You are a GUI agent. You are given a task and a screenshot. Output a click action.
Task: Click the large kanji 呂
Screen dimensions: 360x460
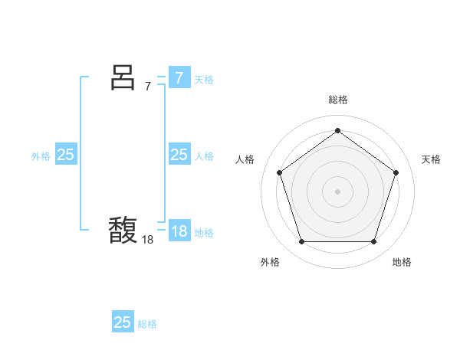tap(123, 77)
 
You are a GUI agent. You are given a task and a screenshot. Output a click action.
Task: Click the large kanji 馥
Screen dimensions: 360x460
tap(123, 229)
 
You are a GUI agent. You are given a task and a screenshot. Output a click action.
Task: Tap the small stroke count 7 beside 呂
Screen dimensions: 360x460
tap(148, 86)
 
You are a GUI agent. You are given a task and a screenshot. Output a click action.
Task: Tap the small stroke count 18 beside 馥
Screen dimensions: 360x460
tap(148, 239)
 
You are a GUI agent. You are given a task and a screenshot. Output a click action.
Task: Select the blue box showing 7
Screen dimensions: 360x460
tap(179, 77)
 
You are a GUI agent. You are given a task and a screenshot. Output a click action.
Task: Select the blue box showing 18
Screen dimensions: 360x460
tap(179, 231)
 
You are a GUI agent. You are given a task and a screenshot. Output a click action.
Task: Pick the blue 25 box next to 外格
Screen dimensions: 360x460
tap(65, 154)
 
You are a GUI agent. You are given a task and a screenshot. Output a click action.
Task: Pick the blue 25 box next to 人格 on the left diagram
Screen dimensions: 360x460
tap(179, 155)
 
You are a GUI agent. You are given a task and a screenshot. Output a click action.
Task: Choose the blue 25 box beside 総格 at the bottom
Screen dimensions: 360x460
tap(123, 322)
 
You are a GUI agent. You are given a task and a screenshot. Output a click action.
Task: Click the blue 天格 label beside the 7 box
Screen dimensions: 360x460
tap(204, 80)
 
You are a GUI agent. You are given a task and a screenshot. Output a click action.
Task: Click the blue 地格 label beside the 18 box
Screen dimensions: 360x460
tap(204, 233)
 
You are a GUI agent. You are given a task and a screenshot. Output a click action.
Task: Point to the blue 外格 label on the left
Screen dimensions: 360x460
tap(41, 156)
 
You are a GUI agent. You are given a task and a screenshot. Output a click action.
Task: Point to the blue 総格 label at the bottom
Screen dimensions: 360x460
tap(147, 324)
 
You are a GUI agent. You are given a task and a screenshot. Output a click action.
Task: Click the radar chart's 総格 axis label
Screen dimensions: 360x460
tap(337, 100)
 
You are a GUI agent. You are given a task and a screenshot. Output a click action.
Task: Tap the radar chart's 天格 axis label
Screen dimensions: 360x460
tap(431, 159)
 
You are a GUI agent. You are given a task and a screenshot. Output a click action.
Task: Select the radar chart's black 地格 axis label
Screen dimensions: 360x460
tap(402, 262)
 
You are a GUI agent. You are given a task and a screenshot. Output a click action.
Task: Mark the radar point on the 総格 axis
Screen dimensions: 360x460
tap(337, 130)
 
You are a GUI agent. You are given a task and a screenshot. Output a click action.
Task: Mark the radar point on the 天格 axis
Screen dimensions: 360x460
tap(396, 172)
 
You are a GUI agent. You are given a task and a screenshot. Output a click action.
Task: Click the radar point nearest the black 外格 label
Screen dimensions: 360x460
tap(301, 242)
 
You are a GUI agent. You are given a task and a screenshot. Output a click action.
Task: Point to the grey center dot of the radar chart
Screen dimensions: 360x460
tap(337, 191)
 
